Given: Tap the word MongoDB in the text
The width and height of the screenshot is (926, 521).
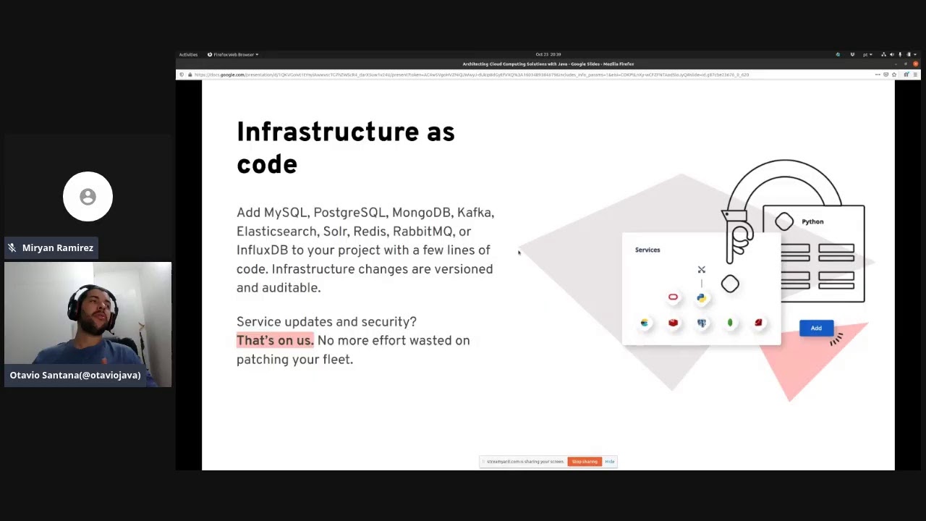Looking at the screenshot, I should (421, 213).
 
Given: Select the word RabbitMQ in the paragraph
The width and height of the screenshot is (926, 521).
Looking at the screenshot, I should (422, 232).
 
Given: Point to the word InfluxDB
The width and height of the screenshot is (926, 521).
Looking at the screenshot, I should (262, 250).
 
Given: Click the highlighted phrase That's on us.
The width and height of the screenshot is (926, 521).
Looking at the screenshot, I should (275, 341).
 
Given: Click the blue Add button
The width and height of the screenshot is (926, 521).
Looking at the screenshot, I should (816, 329).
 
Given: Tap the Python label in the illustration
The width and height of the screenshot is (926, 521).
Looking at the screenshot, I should (812, 221).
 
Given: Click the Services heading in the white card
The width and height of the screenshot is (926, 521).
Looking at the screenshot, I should (647, 250).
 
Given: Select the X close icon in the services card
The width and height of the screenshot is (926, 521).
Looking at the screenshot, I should (701, 270).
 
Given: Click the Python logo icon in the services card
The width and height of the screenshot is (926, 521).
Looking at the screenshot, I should (701, 297).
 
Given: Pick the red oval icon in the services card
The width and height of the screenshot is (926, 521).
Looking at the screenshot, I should (673, 297).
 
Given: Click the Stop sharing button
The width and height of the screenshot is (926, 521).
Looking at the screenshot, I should (585, 462).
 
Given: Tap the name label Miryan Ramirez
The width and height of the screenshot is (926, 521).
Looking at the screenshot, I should (58, 248).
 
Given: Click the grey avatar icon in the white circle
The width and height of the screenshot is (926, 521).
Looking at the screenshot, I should (88, 197).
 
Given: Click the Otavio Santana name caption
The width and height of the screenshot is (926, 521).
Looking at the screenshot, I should (75, 376).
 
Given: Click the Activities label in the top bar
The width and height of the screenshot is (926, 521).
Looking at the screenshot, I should (188, 54).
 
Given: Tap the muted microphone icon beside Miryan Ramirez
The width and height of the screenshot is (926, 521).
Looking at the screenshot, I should (12, 248).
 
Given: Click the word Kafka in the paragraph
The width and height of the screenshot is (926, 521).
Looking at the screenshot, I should (475, 213).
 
